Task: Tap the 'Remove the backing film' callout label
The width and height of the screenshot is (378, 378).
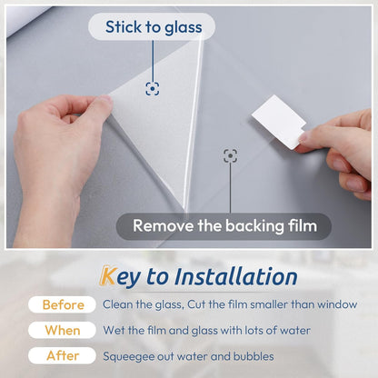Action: point(223,225)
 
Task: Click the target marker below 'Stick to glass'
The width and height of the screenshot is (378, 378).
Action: point(153,88)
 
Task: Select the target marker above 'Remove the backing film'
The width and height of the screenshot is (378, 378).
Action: point(231,155)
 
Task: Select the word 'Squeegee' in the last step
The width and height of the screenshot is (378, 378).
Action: point(128,356)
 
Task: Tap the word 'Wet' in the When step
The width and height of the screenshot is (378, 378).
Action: point(114,331)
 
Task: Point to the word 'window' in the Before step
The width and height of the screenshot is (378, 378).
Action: point(336,304)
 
